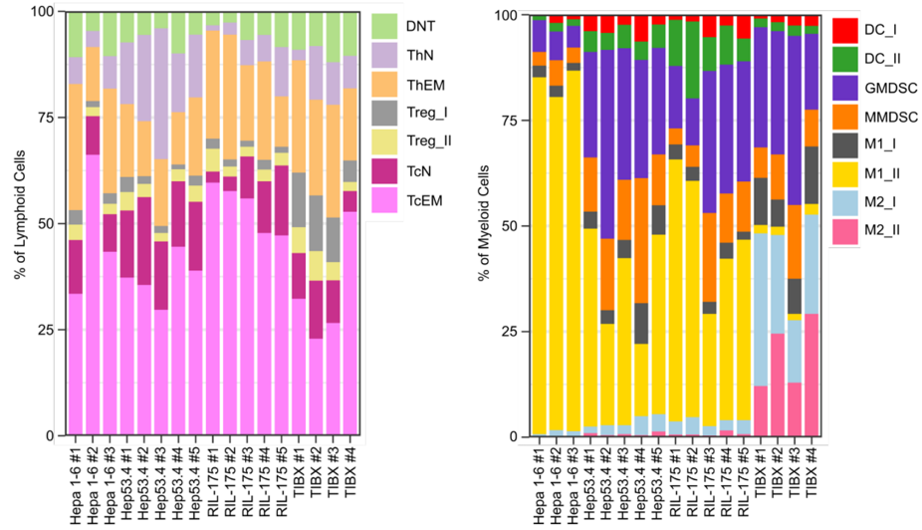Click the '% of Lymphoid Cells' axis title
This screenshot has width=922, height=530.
20,225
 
